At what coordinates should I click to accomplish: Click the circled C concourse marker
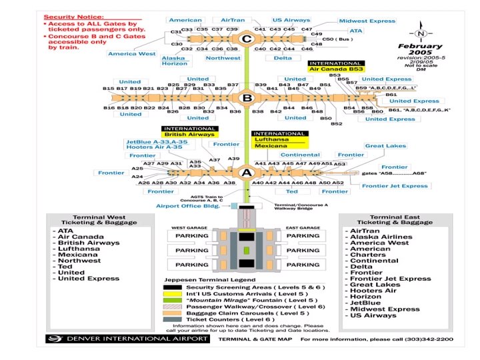(247, 39)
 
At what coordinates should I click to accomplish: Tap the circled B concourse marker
(247, 99)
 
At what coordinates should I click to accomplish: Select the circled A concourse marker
(247, 173)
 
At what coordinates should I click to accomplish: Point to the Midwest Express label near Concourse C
(367, 21)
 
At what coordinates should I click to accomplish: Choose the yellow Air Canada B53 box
(336, 68)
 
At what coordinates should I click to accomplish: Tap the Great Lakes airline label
(385, 146)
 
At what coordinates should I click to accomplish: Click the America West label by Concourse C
(131, 53)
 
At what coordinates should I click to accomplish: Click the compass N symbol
(419, 33)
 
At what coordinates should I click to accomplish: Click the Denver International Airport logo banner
(129, 339)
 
